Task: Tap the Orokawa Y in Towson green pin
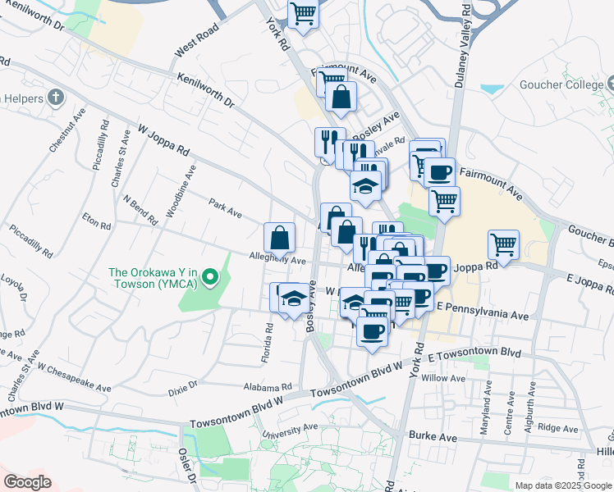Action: click(x=210, y=278)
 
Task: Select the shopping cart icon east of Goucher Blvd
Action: click(x=503, y=244)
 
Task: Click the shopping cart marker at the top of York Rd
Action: click(x=303, y=13)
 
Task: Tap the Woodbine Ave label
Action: click(x=181, y=191)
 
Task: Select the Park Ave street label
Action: click(x=224, y=208)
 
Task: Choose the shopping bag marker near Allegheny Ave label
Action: click(x=280, y=238)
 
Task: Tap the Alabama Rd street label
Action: click(x=268, y=387)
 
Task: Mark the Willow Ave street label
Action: click(x=442, y=378)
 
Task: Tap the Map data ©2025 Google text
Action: click(x=564, y=485)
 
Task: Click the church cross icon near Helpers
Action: click(x=55, y=99)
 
